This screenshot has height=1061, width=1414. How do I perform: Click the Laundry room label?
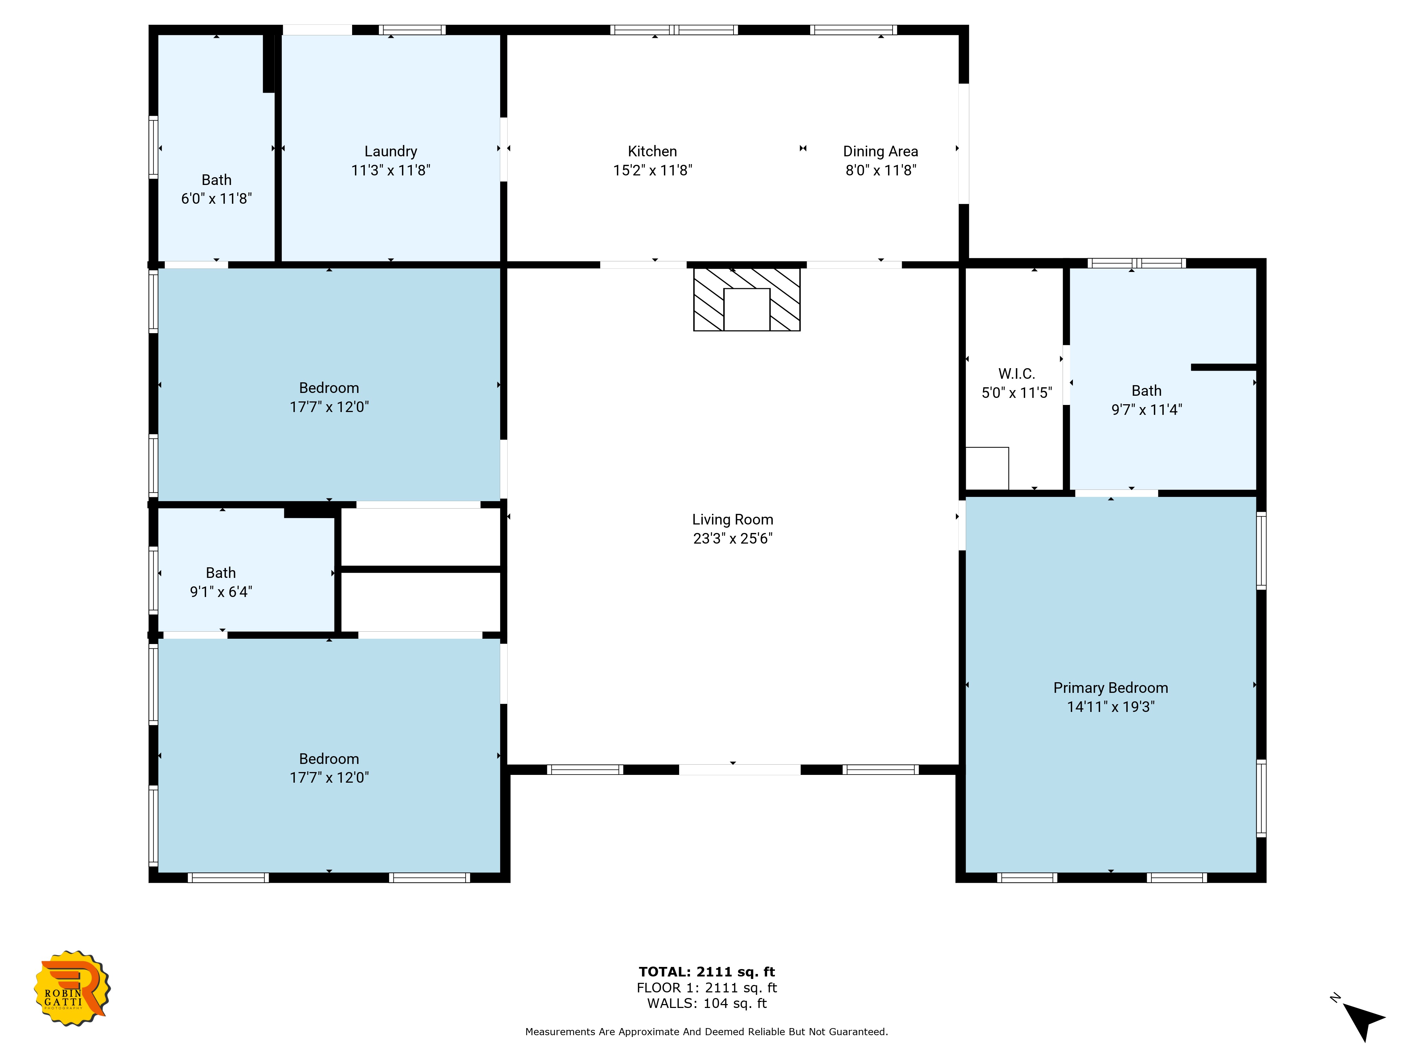[391, 152]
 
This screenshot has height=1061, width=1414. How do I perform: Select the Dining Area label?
[880, 152]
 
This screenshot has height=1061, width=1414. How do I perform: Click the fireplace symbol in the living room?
[747, 298]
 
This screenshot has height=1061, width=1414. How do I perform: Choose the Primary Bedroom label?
[1110, 688]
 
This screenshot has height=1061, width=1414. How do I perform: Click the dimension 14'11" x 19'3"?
[1110, 707]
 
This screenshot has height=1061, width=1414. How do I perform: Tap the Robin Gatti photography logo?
[72, 988]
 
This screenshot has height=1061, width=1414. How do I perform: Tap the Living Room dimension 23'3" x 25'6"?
[732, 539]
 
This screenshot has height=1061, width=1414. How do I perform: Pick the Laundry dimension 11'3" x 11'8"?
[391, 170]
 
